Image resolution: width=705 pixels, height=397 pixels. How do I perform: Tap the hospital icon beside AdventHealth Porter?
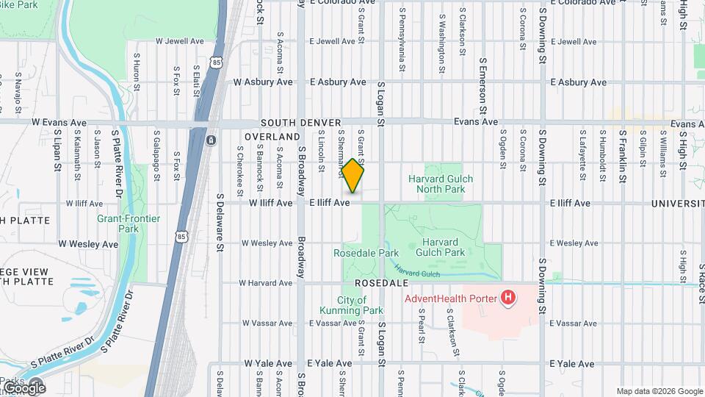coord(507,298)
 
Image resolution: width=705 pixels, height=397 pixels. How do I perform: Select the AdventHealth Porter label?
coord(449,298)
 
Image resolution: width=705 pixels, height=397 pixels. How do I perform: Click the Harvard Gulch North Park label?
coord(441,184)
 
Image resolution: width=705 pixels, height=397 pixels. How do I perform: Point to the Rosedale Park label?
coord(355,253)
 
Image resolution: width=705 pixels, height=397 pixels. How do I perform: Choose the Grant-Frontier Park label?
coord(118,223)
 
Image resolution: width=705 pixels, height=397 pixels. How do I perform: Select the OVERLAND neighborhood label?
coord(272,137)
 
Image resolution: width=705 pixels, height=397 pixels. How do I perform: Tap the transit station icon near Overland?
coord(211,140)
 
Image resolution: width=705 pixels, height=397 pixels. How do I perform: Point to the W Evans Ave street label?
coord(59,123)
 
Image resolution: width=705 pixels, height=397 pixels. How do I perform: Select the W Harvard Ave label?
coord(267,282)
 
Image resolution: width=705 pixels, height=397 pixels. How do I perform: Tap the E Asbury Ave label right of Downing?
coord(578,82)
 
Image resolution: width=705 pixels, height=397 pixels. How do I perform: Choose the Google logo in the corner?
coord(23,387)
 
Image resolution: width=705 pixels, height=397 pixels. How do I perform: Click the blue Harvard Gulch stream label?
coord(415,271)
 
